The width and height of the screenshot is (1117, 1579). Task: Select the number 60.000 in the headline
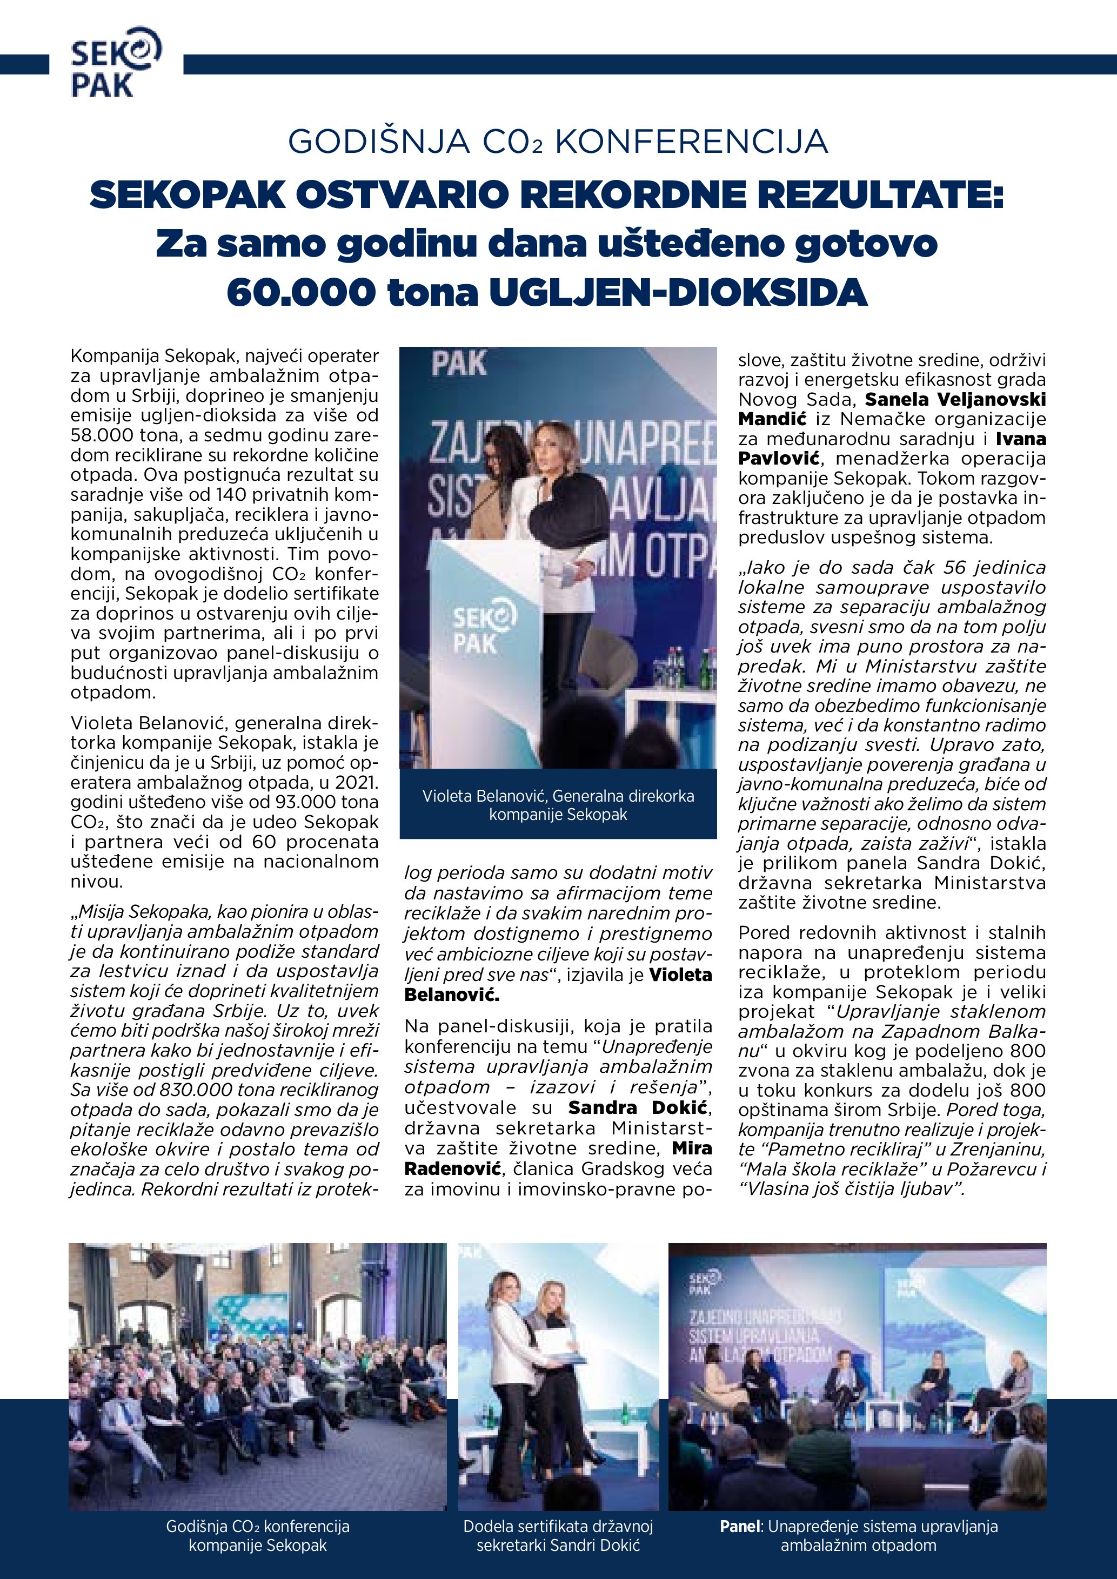[300, 292]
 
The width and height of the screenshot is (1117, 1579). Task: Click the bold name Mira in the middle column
[692, 1148]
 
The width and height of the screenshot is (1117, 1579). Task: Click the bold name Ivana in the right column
[1021, 439]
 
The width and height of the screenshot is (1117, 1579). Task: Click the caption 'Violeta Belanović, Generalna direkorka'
[558, 796]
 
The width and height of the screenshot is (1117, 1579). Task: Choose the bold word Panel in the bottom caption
[741, 1527]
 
